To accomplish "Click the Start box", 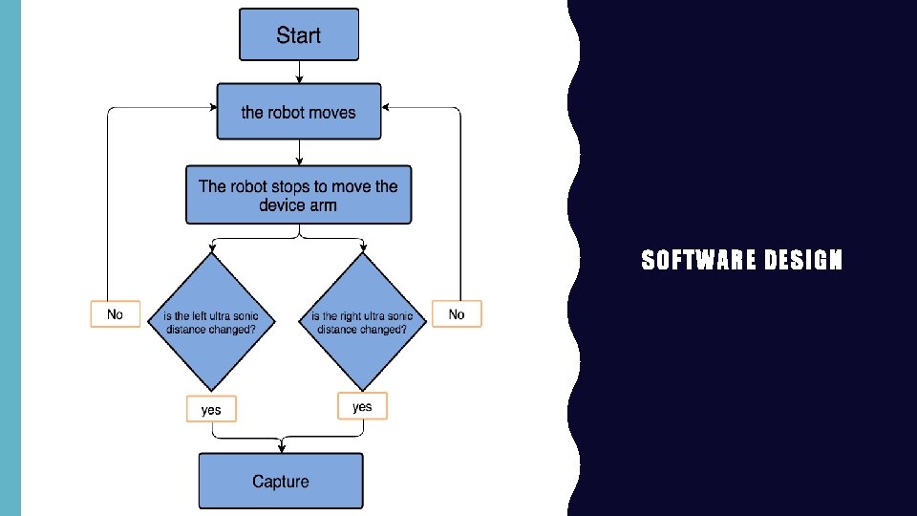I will [x=299, y=35].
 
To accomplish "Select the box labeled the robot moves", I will [x=299, y=112].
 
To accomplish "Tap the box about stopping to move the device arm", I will [x=298, y=196].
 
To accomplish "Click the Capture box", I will [x=281, y=481].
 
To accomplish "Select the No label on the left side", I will [x=115, y=314].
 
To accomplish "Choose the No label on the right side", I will [x=457, y=314].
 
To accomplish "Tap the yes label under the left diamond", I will [x=210, y=409].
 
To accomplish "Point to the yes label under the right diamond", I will [x=362, y=406].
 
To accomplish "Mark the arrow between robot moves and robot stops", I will [x=299, y=152].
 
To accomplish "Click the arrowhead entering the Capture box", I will [x=281, y=447].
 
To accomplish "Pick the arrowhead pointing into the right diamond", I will [x=363, y=248].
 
